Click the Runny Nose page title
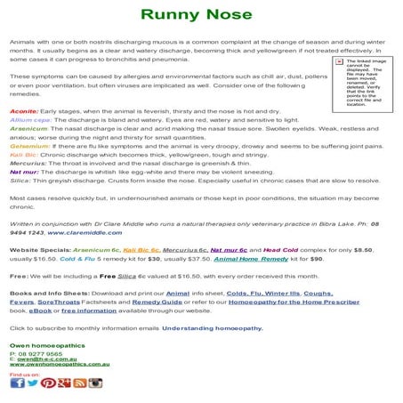tap(201, 15)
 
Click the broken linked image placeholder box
tap(365, 85)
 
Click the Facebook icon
tap(17, 383)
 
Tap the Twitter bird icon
tap(33, 383)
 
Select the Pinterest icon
tap(49, 383)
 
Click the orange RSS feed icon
tap(80, 383)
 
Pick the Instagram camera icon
tap(95, 383)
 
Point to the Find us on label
tap(24, 374)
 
